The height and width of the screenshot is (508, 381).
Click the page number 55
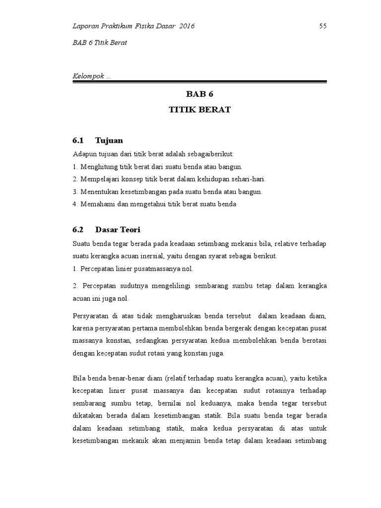[322, 26]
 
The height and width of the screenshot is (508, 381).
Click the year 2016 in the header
[185, 26]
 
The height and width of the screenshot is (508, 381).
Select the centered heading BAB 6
[199, 94]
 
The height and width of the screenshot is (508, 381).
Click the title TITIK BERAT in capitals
[199, 110]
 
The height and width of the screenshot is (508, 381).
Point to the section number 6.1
[79, 140]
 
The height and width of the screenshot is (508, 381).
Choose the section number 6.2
[79, 230]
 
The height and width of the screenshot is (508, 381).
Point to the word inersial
[156, 256]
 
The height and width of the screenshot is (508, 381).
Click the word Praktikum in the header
[119, 26]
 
